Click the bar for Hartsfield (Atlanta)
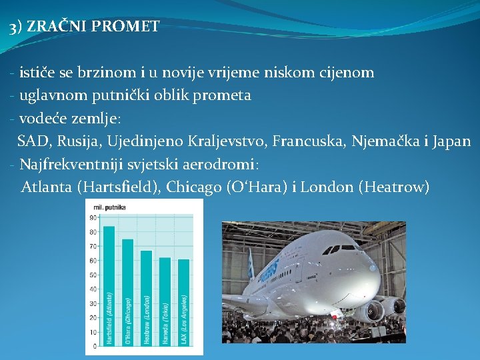[x=109, y=286]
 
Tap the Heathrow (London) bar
[x=147, y=298]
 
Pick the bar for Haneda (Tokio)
[x=165, y=301]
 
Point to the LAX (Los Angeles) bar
[x=184, y=302]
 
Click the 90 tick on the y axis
[x=92, y=217]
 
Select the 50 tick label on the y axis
[x=92, y=275]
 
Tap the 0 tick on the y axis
[x=94, y=346]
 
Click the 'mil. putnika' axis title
[x=109, y=207]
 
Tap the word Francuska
[x=314, y=141]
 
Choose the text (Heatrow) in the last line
[x=394, y=187]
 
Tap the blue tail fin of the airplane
[x=251, y=264]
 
